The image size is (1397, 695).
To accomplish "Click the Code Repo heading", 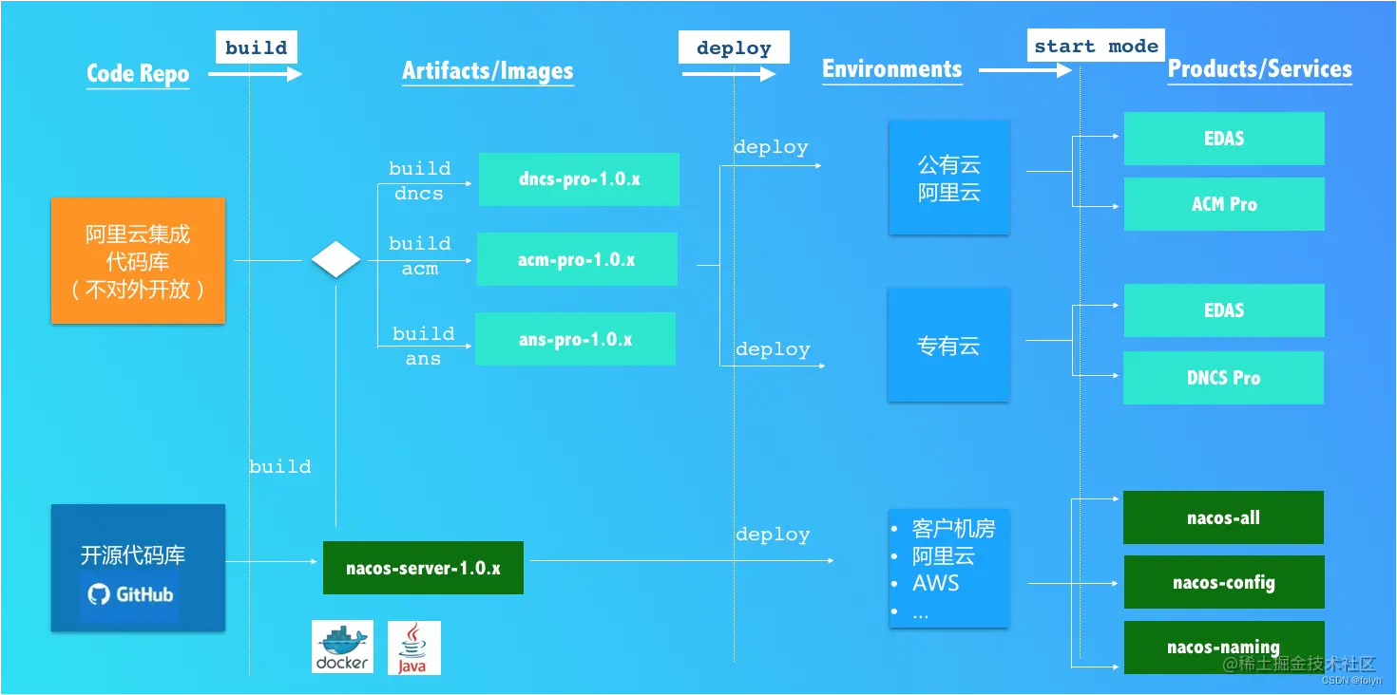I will coord(138,73).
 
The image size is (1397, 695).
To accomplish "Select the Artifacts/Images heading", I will coord(488,70).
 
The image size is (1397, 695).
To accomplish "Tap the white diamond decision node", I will coord(336,259).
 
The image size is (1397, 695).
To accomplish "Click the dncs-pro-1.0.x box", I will coord(579,178).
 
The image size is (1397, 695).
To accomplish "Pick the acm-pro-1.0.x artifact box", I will coord(577,259).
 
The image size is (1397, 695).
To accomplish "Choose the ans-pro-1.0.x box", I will coord(575,339).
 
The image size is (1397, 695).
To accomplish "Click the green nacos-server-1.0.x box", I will coord(423,568).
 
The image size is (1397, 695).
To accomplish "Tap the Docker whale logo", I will coord(342,647).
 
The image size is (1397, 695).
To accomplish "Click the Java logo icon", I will coord(413,648).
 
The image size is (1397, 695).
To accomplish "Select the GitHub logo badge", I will coord(130,595).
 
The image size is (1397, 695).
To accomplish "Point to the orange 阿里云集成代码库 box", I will coord(138,260).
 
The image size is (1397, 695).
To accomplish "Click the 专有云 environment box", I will coord(948,347).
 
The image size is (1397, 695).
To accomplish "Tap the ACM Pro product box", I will coord(1224,204).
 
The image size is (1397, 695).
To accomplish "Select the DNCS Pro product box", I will coord(1223,378).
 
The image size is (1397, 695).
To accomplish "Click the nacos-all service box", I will coord(1223,517).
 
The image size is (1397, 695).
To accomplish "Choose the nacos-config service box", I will coord(1223,582).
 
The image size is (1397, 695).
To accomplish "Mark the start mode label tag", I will coord(1096,46).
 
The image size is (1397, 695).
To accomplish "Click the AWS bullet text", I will coord(936,583).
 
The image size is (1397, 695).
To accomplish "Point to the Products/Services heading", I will coord(1259,68).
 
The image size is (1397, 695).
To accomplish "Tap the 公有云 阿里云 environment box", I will coord(948,178).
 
